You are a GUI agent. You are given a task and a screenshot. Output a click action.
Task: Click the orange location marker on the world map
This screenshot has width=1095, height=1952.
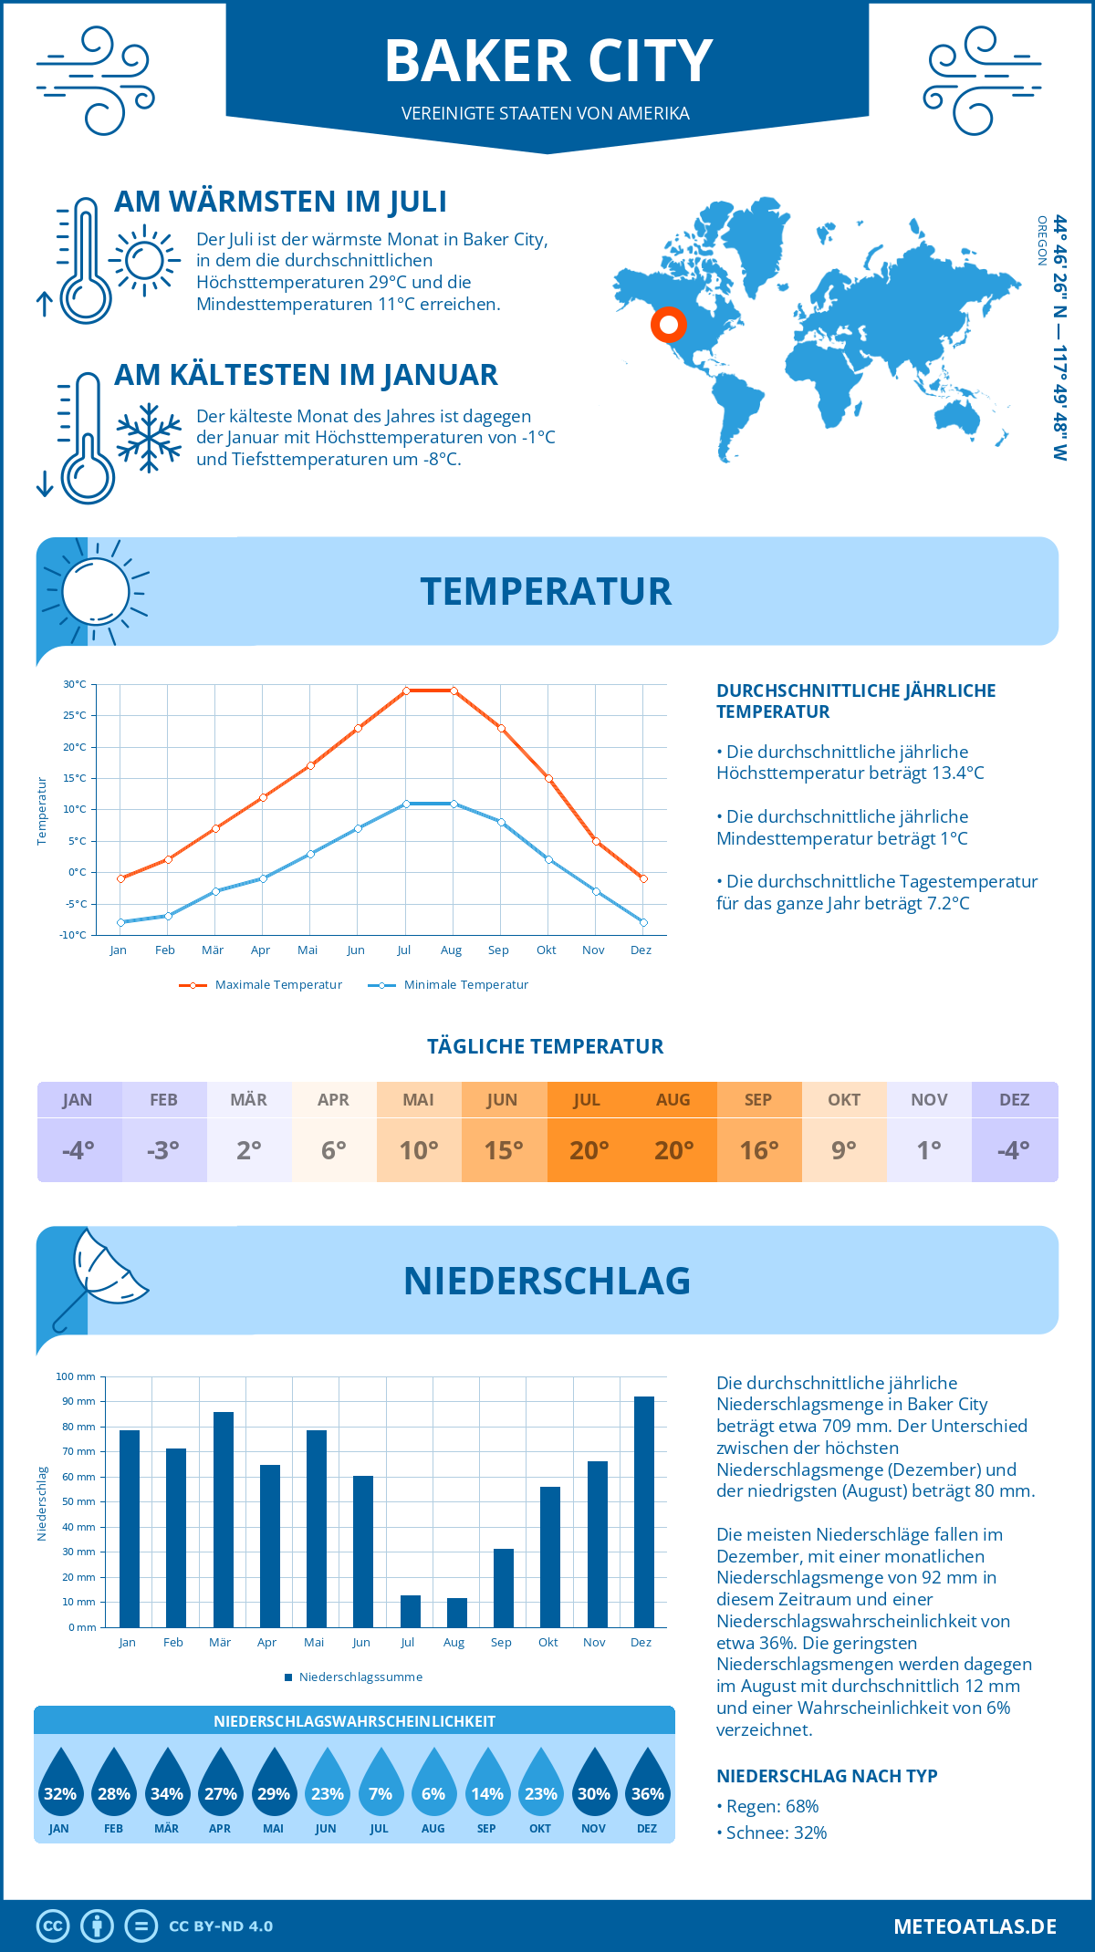tap(669, 324)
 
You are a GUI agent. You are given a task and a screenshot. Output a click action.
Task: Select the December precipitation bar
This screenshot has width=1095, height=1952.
tap(644, 1511)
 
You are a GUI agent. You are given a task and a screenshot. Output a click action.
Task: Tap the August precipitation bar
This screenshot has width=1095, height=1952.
tap(456, 1612)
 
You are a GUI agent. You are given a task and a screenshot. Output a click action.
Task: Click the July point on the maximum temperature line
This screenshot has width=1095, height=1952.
tap(406, 690)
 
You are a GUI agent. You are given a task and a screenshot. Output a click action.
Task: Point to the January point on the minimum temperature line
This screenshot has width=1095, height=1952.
tap(120, 922)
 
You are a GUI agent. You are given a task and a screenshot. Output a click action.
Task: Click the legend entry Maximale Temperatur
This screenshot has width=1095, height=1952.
tap(261, 985)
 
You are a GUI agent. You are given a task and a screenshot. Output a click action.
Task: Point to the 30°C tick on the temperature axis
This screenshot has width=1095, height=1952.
tap(75, 684)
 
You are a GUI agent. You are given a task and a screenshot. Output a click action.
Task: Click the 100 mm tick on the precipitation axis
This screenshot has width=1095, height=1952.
tap(76, 1376)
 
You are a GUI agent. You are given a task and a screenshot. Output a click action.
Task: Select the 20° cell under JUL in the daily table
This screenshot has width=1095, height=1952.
tap(589, 1150)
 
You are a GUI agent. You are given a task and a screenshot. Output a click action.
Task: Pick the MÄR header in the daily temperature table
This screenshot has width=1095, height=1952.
tap(248, 1099)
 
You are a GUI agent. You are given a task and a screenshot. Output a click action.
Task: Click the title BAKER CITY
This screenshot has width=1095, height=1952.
tap(547, 62)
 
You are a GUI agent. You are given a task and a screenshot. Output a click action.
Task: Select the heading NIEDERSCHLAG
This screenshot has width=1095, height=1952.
tap(547, 1281)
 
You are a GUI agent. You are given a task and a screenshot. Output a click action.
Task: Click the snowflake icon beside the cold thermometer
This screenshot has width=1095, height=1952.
tap(149, 438)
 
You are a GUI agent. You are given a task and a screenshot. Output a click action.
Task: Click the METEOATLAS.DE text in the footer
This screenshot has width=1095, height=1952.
tap(975, 1926)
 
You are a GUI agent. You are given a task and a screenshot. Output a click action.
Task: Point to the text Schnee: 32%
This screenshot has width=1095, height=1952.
tap(776, 1833)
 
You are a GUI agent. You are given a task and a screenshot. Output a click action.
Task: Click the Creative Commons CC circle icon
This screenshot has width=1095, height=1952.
tap(53, 1926)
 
